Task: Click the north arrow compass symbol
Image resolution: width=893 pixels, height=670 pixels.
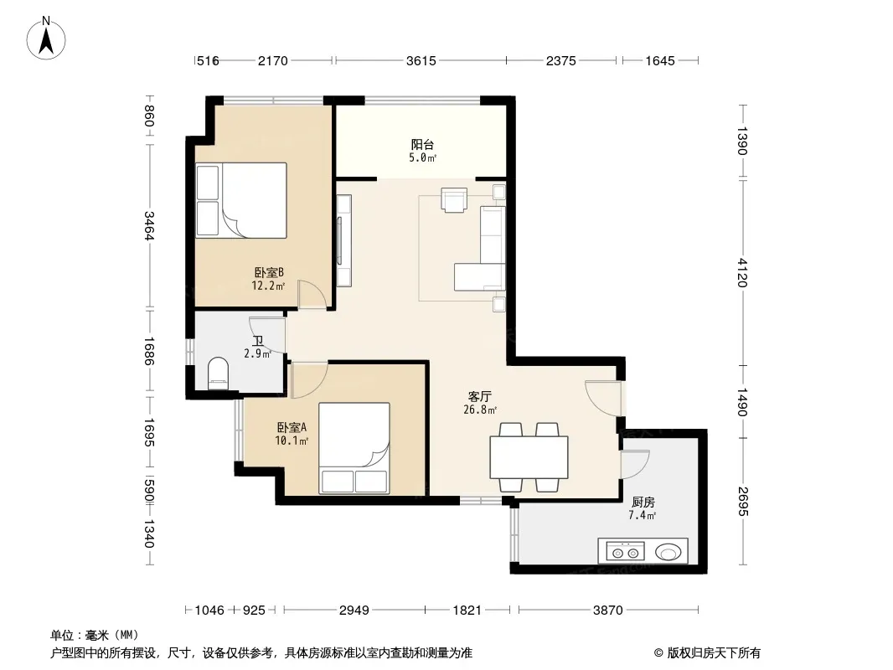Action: coord(46,39)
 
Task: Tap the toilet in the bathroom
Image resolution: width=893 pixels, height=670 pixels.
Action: coord(218,374)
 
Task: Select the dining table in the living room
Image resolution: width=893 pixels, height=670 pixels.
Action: coord(529,456)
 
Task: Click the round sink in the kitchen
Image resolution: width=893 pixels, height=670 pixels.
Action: coord(668,552)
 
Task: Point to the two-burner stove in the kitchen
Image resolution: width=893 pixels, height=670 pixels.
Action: coord(625,552)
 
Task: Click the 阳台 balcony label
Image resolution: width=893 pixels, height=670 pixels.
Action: coord(422,145)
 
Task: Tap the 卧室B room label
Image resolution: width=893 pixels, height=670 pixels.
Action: coord(269,273)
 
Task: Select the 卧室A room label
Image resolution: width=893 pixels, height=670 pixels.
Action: coord(292,427)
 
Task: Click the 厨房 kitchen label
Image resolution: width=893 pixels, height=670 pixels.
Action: coord(643,502)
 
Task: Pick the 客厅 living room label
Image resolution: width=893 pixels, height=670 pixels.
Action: coord(479,396)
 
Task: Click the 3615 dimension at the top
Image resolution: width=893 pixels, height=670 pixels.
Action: coord(421,61)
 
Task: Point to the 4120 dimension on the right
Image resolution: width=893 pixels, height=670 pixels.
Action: coord(741,273)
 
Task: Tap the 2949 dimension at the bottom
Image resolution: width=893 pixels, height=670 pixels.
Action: coord(354,611)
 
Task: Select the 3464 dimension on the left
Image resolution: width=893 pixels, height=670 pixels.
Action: coord(148,226)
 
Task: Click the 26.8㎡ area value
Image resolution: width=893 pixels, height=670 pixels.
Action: coord(480,410)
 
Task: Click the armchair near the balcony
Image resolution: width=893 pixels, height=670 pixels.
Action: coord(454,200)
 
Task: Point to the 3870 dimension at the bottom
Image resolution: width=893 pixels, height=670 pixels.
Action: coord(607,611)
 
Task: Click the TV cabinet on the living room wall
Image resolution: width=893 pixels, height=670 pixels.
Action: coord(343,241)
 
